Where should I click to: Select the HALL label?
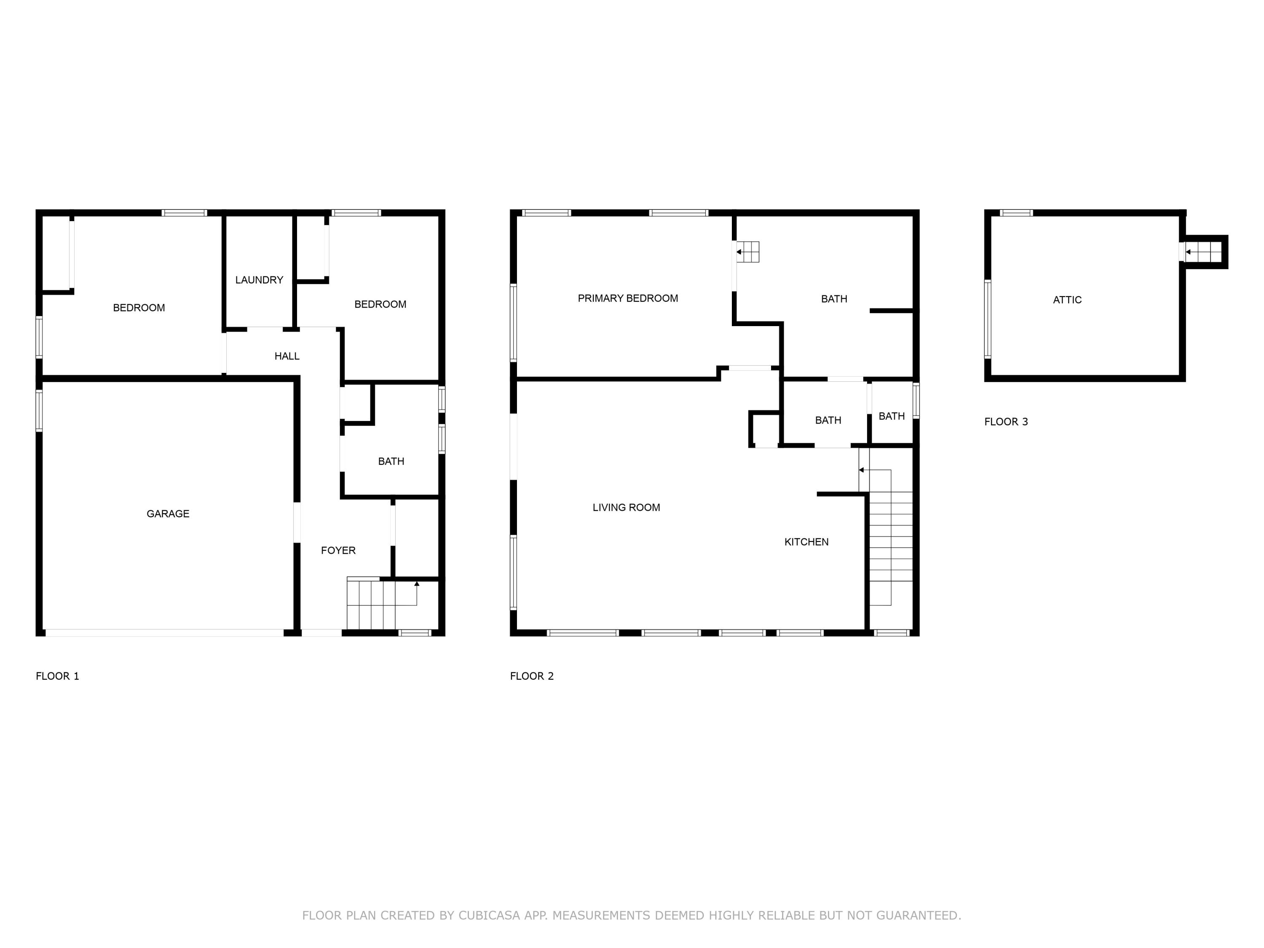[287, 356]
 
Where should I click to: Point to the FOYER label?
[338, 550]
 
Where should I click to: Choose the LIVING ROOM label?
[626, 507]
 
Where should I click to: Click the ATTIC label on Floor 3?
[1067, 300]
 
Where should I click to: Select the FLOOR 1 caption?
[57, 676]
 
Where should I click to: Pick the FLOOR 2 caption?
[531, 676]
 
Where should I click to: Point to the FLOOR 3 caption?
[1006, 422]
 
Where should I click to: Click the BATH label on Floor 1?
[391, 461]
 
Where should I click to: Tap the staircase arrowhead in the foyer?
[417, 584]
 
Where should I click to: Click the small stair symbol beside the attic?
[1203, 252]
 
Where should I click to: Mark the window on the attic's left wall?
[988, 319]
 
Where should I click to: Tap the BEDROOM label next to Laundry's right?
[380, 305]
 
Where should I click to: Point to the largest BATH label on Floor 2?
[834, 299]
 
